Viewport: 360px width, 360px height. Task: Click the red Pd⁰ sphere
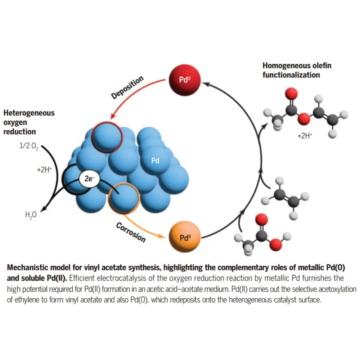pyautogui.click(x=184, y=79)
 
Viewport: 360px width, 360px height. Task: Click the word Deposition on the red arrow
pyautogui.click(x=127, y=87)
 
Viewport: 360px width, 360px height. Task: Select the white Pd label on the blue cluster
pyautogui.click(x=155, y=161)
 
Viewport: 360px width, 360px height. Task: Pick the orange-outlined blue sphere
pyautogui.click(x=124, y=198)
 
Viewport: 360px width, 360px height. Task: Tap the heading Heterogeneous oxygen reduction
pyautogui.click(x=29, y=122)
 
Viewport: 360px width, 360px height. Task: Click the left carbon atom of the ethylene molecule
pyautogui.click(x=278, y=195)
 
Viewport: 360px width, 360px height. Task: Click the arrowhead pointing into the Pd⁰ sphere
pyautogui.click(x=206, y=83)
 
